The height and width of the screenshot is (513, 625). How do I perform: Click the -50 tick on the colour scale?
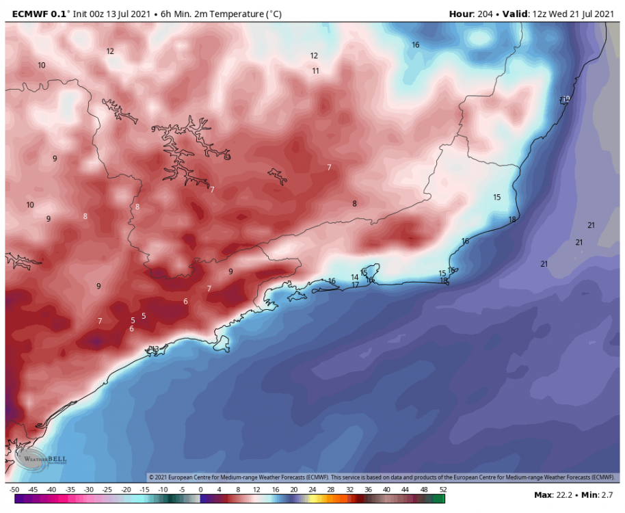14,490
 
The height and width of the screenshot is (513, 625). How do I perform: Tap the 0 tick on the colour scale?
200,490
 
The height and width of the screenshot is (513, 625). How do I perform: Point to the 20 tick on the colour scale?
294,490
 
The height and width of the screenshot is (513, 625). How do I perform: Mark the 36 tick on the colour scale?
369,490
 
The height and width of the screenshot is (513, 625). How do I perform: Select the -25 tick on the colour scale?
107,490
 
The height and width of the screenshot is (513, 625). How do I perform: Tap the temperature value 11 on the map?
315,70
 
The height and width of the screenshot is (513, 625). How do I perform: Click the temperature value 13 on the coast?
155,349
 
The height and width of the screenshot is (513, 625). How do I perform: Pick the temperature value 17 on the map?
355,285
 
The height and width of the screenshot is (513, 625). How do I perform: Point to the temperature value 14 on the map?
354,277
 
